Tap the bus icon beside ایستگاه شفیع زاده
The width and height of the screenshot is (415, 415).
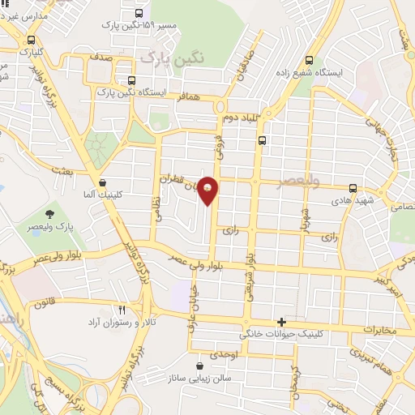click(309, 60)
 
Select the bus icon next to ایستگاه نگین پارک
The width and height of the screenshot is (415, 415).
click(132, 81)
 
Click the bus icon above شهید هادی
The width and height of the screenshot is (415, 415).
click(352, 188)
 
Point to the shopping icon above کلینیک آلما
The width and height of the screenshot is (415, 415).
click(101, 183)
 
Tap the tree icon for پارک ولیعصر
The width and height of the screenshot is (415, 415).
click(51, 214)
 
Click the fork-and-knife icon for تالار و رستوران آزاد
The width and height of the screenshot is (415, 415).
click(122, 310)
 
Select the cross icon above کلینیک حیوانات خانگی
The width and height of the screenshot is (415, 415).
click(281, 322)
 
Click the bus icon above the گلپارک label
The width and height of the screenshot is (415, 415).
click(31, 40)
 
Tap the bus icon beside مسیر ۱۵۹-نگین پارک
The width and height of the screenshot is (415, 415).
click(140, 13)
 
